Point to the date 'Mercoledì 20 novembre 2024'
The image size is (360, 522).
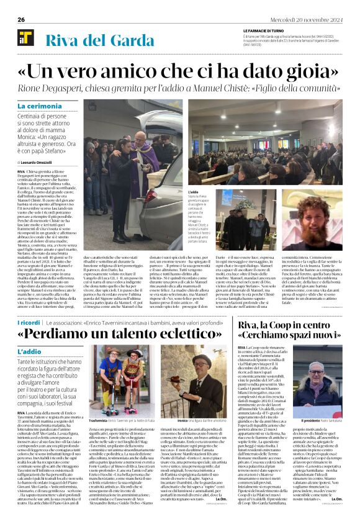(x=310, y=19)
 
